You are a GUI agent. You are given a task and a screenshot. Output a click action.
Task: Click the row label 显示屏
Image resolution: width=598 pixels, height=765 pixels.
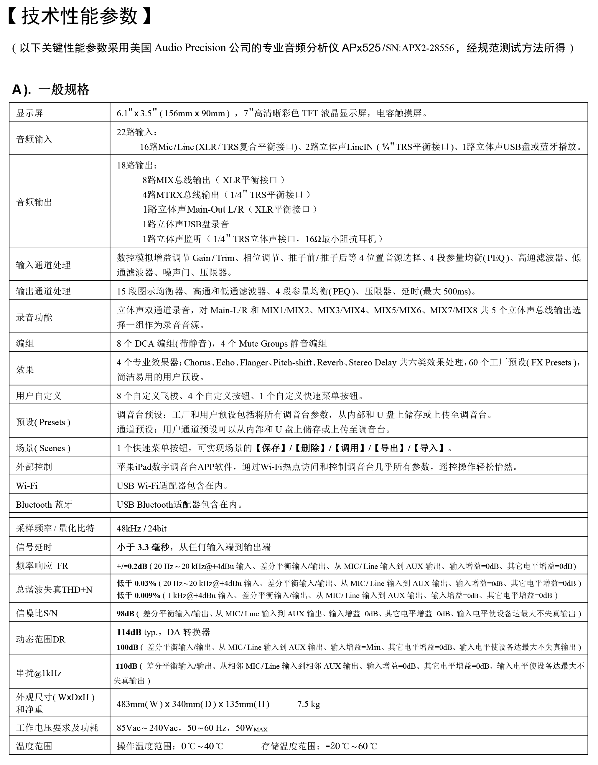coord(29,113)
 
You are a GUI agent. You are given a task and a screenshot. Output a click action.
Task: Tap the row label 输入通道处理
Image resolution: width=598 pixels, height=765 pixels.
coord(43,265)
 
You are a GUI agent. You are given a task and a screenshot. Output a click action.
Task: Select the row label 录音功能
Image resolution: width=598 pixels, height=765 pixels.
coord(34,317)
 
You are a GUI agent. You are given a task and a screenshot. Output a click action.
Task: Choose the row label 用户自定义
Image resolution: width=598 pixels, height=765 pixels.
coord(39,396)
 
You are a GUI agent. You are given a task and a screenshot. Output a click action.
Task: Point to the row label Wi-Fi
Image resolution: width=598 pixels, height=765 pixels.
coord(27,486)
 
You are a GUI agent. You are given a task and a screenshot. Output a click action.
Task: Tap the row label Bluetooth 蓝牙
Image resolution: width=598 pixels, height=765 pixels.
coord(44,505)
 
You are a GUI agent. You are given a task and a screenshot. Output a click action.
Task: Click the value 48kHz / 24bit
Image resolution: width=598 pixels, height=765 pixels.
coord(141,529)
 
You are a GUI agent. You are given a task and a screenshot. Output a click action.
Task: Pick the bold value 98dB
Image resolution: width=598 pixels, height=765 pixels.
coord(126,614)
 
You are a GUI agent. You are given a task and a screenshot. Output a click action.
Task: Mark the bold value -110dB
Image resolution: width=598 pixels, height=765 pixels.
coord(125,666)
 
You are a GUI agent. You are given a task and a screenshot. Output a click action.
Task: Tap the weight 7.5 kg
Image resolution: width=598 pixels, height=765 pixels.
coord(309,704)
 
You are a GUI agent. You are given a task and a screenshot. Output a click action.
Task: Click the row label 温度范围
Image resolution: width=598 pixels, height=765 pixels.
coord(34,746)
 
